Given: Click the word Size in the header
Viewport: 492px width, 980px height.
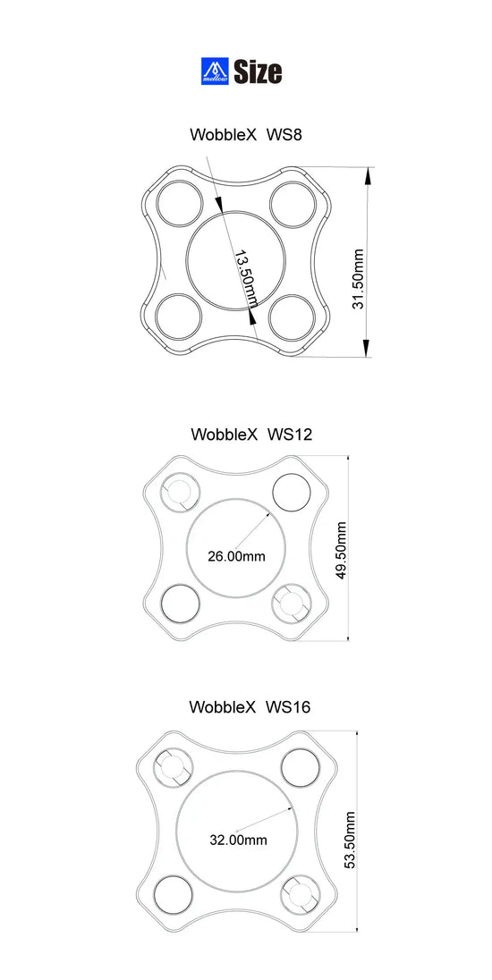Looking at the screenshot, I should (258, 72).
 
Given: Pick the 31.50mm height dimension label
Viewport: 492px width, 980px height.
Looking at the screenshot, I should (358, 279).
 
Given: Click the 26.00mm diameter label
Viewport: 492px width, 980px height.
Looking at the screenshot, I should (236, 556).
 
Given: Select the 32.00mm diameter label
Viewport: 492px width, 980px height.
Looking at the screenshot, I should (238, 840).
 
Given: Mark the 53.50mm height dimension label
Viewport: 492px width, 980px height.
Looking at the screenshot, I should (351, 840).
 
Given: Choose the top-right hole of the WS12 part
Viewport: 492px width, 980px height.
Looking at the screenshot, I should (291, 491).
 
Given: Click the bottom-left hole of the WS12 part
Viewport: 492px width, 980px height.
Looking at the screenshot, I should (180, 604).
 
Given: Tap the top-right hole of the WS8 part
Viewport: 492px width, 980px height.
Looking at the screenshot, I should (292, 203).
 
